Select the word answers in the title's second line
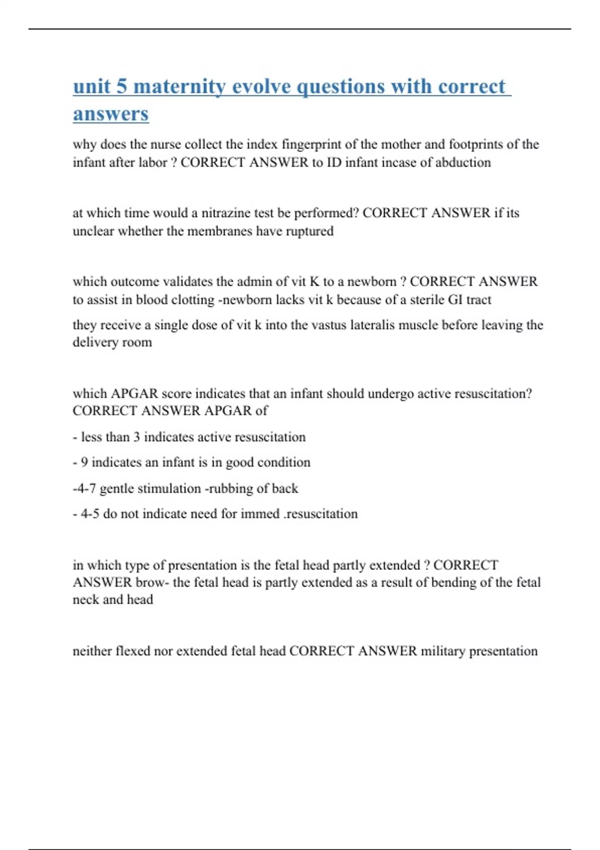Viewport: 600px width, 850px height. [110, 113]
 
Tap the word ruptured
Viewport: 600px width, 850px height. [309, 231]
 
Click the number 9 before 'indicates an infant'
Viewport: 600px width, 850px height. [84, 462]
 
